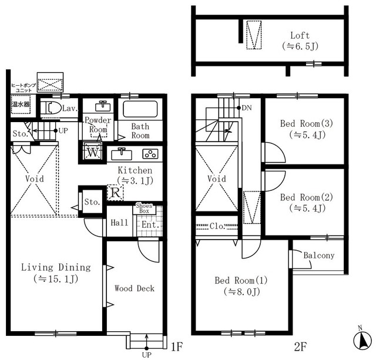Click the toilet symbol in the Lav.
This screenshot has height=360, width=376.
tap(51, 108)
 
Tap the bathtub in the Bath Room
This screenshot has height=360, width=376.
tap(140, 109)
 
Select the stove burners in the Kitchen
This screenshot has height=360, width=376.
tap(150, 154)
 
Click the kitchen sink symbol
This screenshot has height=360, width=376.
tap(122, 154)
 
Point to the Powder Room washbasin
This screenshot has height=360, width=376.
tap(103, 106)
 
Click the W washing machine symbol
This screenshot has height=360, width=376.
tap(93, 152)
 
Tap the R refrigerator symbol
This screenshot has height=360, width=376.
tap(115, 193)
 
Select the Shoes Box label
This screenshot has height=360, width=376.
tap(144, 208)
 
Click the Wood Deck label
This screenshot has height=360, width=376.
tap(135, 288)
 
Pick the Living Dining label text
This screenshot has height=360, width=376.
tap(56, 267)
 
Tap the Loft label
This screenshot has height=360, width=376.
tap(300, 35)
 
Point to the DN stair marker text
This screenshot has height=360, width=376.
tap(247, 108)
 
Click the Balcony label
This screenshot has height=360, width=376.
tap(319, 255)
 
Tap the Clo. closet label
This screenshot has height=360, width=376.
tap(217, 226)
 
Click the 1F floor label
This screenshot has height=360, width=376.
tap(177, 347)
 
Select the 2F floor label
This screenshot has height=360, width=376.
tap(300, 347)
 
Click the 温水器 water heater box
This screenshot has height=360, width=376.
tap(21, 105)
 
